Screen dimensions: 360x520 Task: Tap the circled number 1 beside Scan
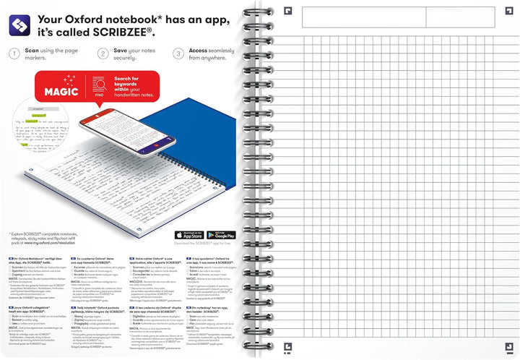point(14,53)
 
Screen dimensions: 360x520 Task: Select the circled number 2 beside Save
point(103,53)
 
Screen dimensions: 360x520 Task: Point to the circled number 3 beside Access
point(178,53)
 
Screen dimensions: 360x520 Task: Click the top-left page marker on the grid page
point(287,10)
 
